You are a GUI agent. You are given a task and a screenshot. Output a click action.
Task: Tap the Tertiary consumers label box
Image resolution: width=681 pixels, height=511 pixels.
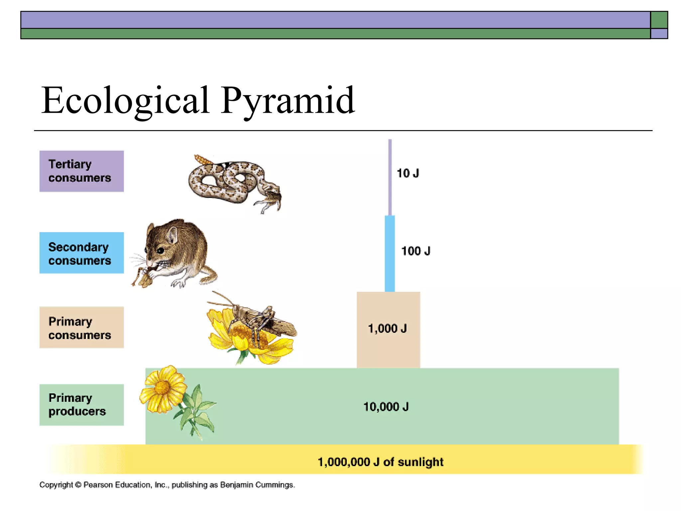[81, 171]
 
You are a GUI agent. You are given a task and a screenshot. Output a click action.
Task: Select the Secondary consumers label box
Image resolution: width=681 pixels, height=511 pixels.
[81, 253]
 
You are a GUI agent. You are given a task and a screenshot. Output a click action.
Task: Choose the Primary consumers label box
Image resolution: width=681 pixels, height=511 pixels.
[81, 327]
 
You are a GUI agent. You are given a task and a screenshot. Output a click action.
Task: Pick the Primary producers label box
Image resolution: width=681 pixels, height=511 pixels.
[81, 405]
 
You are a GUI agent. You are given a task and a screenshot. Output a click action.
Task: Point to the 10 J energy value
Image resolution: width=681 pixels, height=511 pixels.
[408, 173]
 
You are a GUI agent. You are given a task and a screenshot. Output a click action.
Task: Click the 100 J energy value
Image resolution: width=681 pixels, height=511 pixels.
[416, 251]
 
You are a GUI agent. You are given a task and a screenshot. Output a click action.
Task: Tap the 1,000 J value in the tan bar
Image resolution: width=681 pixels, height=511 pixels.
[387, 329]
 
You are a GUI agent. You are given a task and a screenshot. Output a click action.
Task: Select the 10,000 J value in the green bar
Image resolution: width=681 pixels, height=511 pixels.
[386, 407]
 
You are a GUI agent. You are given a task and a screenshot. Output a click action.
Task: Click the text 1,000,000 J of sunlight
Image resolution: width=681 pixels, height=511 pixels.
[380, 462]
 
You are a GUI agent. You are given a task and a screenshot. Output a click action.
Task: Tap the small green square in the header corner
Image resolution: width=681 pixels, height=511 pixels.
[659, 20]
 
